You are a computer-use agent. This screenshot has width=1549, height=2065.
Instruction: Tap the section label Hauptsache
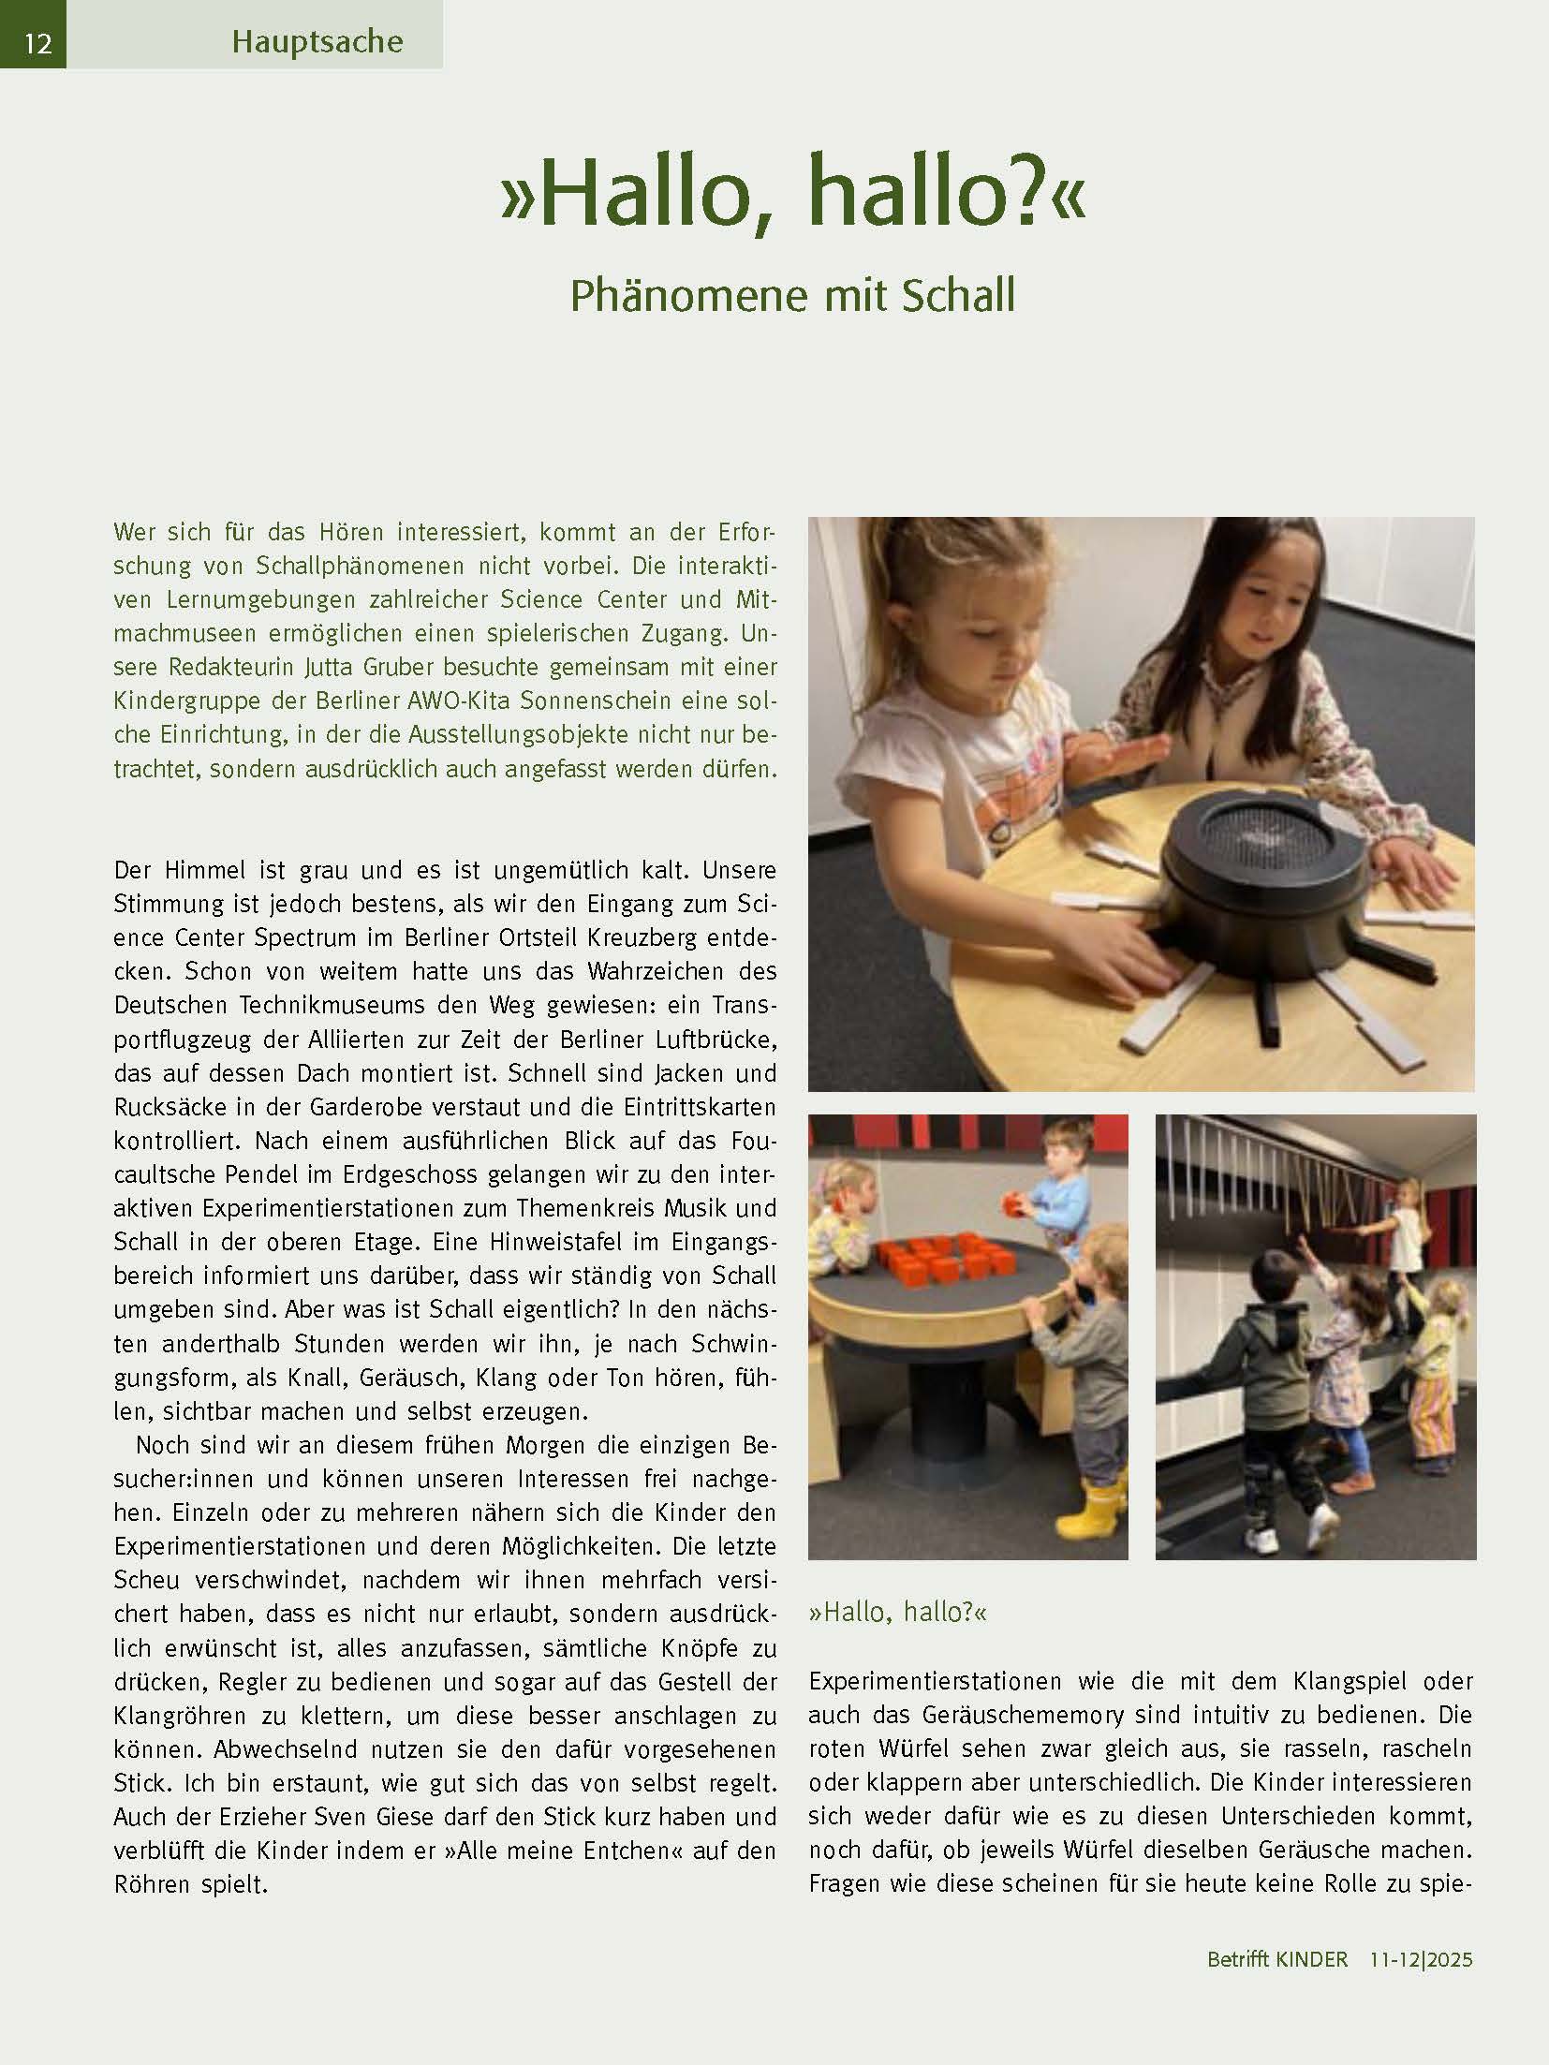coord(317,42)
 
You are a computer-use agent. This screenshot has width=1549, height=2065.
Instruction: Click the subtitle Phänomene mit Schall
coord(792,296)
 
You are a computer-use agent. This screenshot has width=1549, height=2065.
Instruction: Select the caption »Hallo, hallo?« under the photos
coord(897,1612)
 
